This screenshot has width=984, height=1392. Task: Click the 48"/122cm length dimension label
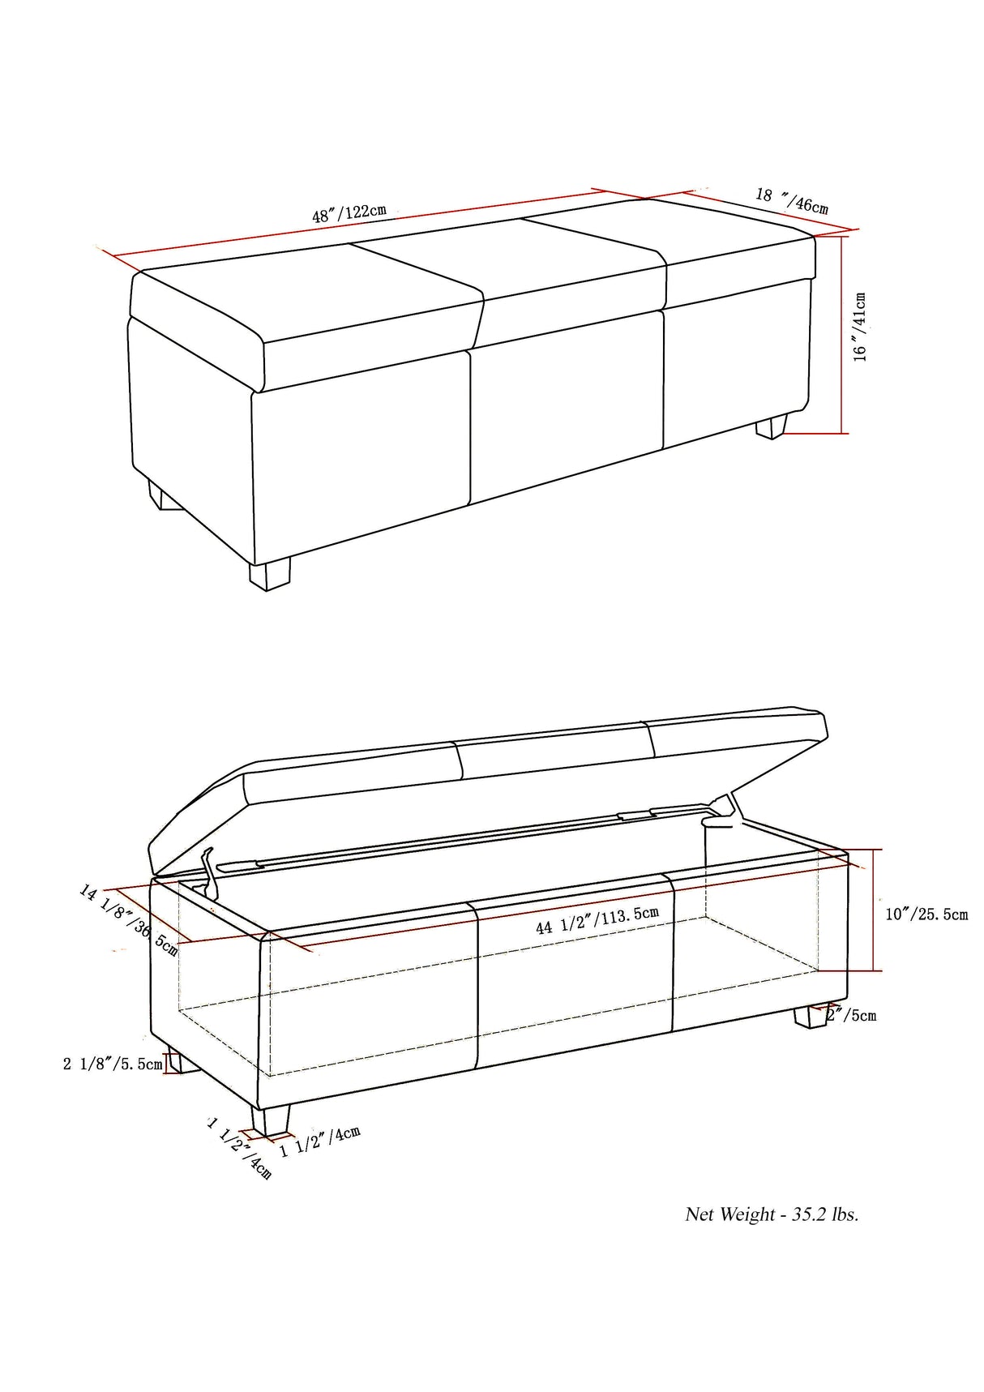(349, 213)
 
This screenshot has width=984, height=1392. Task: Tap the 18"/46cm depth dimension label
(792, 200)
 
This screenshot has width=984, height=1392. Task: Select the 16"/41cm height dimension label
(860, 327)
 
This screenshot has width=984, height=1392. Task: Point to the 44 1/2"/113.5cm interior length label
(597, 920)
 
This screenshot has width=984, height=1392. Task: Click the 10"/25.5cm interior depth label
(926, 914)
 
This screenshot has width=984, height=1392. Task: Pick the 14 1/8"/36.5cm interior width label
(128, 920)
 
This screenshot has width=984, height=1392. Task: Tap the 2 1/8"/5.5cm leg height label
(113, 1064)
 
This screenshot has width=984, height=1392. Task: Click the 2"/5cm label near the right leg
(854, 1015)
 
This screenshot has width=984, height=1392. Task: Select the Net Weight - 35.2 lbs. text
(772, 1214)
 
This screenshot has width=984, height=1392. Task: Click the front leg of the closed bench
(269, 573)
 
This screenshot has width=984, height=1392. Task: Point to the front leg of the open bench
(271, 1120)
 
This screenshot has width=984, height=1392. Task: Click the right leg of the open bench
(811, 1016)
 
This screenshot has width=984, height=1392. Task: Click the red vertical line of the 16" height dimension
(843, 334)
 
